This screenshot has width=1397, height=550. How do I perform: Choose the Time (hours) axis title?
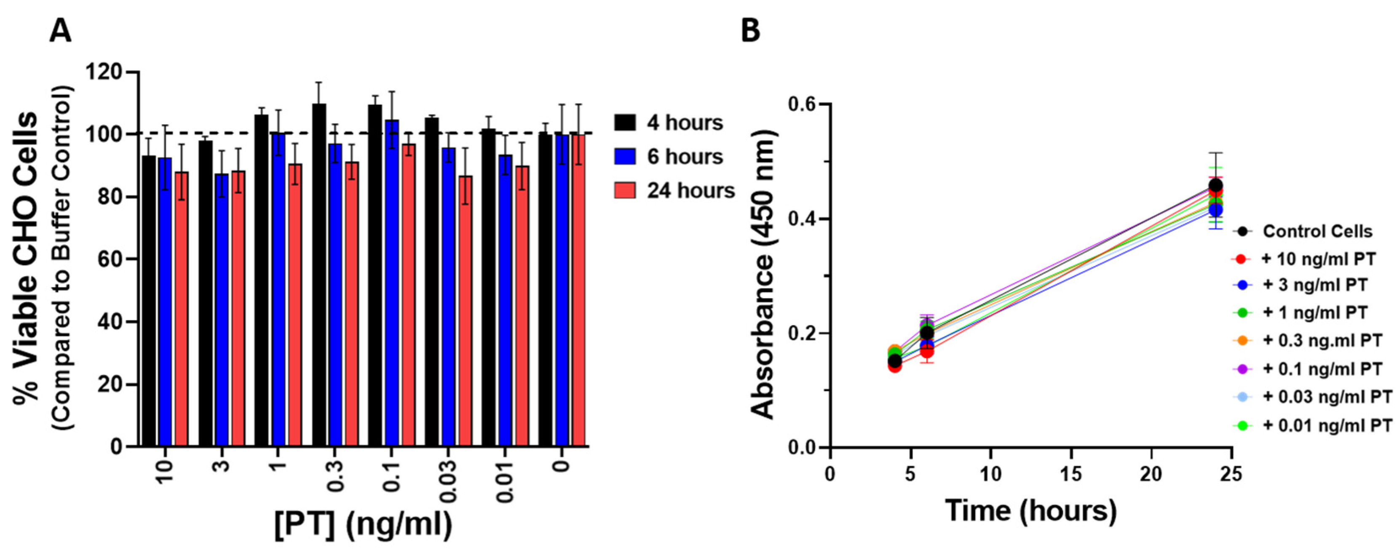point(1030,510)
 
